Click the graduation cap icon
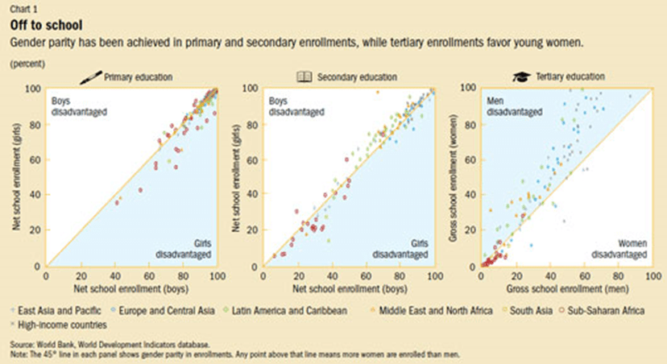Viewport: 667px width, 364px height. click(x=521, y=77)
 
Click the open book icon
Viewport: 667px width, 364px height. click(x=304, y=77)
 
